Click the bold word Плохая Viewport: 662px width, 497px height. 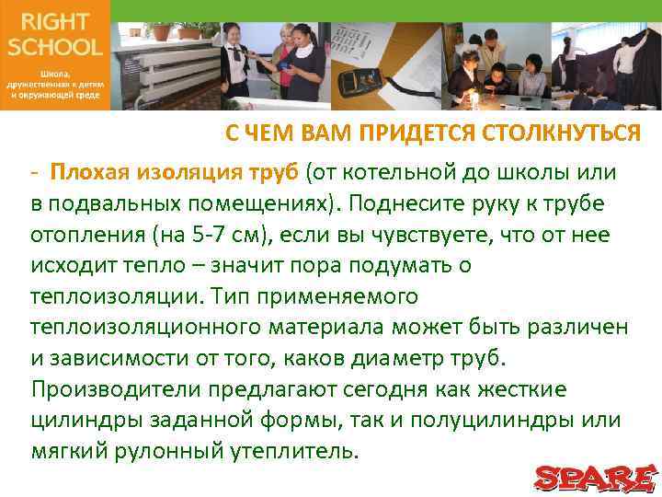91,172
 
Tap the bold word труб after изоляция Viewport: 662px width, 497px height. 275,172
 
